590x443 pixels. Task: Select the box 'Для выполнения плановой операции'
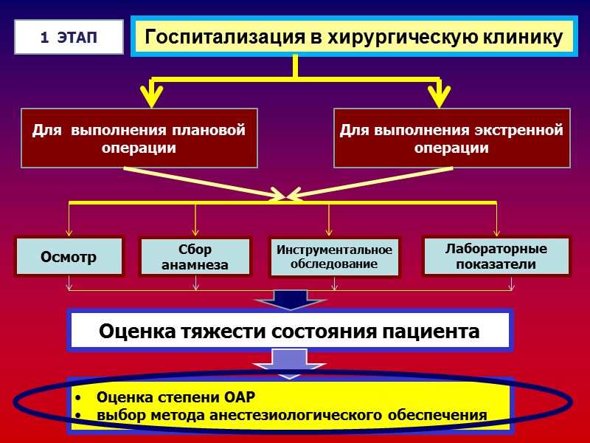(x=139, y=138)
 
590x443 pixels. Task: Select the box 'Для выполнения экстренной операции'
(x=451, y=138)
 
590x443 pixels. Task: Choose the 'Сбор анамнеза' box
(x=195, y=257)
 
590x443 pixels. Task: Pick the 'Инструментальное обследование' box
(x=334, y=257)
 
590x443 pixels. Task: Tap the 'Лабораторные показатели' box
(x=496, y=256)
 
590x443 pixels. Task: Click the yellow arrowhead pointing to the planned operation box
(x=151, y=95)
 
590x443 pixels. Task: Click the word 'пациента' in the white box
(x=436, y=332)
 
